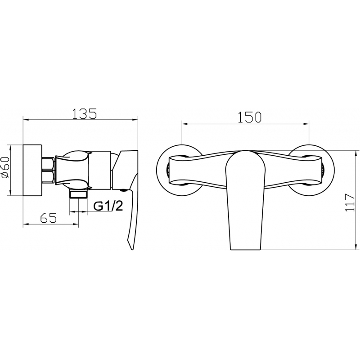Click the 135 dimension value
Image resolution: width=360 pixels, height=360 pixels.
pos(85,113)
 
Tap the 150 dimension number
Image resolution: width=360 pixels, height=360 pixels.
pos(249,117)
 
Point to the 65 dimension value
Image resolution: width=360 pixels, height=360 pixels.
pos(48,218)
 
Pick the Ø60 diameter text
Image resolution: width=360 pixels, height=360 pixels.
pos(5,167)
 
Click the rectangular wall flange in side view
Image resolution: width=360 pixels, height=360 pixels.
pos(32,170)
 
